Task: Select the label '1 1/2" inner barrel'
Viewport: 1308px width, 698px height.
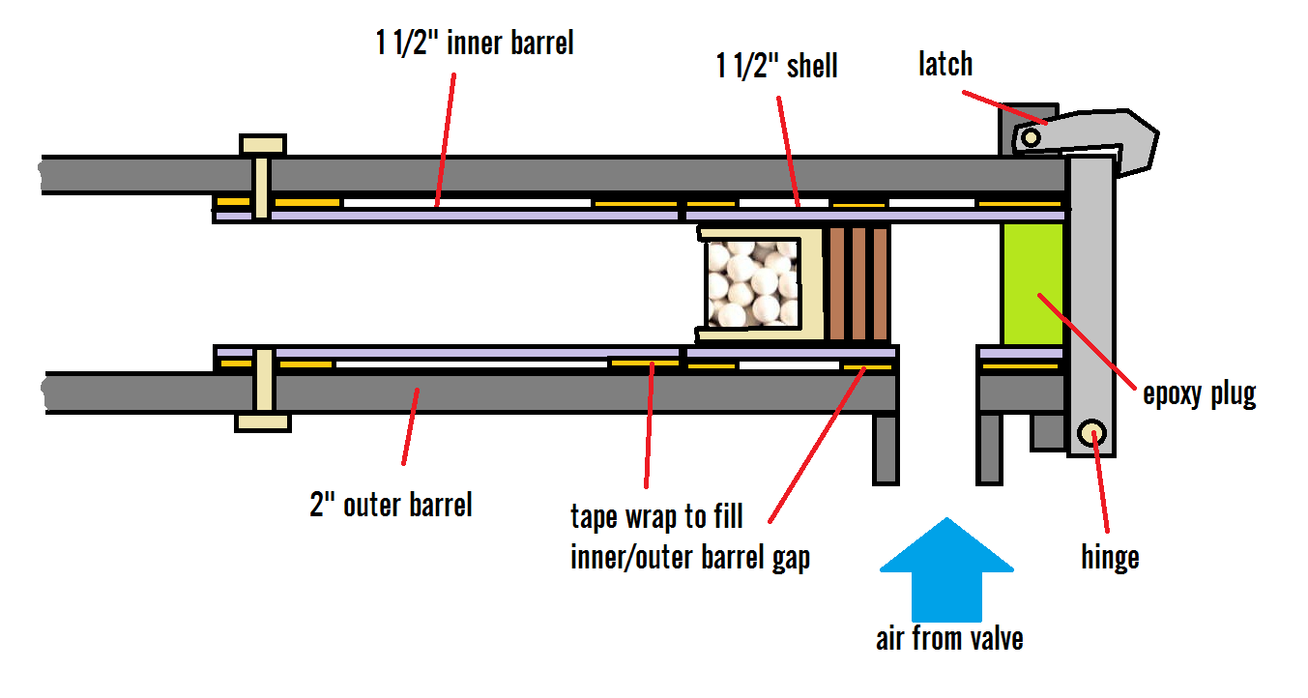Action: [475, 44]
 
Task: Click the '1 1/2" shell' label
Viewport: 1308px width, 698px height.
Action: [776, 66]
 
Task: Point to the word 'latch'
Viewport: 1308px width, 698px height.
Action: [945, 64]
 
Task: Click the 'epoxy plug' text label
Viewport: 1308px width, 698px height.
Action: [1199, 394]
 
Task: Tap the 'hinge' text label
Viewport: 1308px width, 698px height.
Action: [1110, 556]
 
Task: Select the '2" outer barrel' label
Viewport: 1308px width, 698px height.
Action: [391, 504]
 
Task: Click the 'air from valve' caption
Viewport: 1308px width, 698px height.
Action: [948, 638]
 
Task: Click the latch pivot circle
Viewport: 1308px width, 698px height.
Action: [1032, 138]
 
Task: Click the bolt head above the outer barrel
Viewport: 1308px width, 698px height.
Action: [262, 145]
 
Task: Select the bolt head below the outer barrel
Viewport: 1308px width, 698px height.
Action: [262, 422]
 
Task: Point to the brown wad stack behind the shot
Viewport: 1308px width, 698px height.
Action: [857, 284]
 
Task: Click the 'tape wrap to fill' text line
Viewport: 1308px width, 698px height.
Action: [656, 516]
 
